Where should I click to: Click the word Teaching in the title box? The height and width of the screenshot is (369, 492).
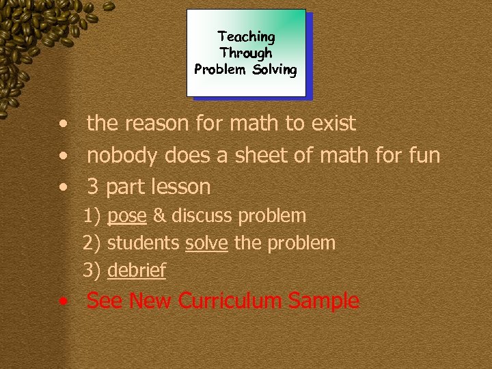246,36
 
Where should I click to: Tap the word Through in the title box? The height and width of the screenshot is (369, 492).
246,53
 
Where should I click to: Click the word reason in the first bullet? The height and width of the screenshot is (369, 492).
158,124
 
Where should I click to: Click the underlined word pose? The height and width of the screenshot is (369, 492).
127,217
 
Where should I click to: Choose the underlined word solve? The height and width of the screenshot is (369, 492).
206,243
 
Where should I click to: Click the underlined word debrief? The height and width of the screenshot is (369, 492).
137,271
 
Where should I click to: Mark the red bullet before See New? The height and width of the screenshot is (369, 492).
63,301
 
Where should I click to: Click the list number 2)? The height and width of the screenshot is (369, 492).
92,243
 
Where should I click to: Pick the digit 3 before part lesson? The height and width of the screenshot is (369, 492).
94,187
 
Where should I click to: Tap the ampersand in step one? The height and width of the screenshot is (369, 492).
159,216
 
